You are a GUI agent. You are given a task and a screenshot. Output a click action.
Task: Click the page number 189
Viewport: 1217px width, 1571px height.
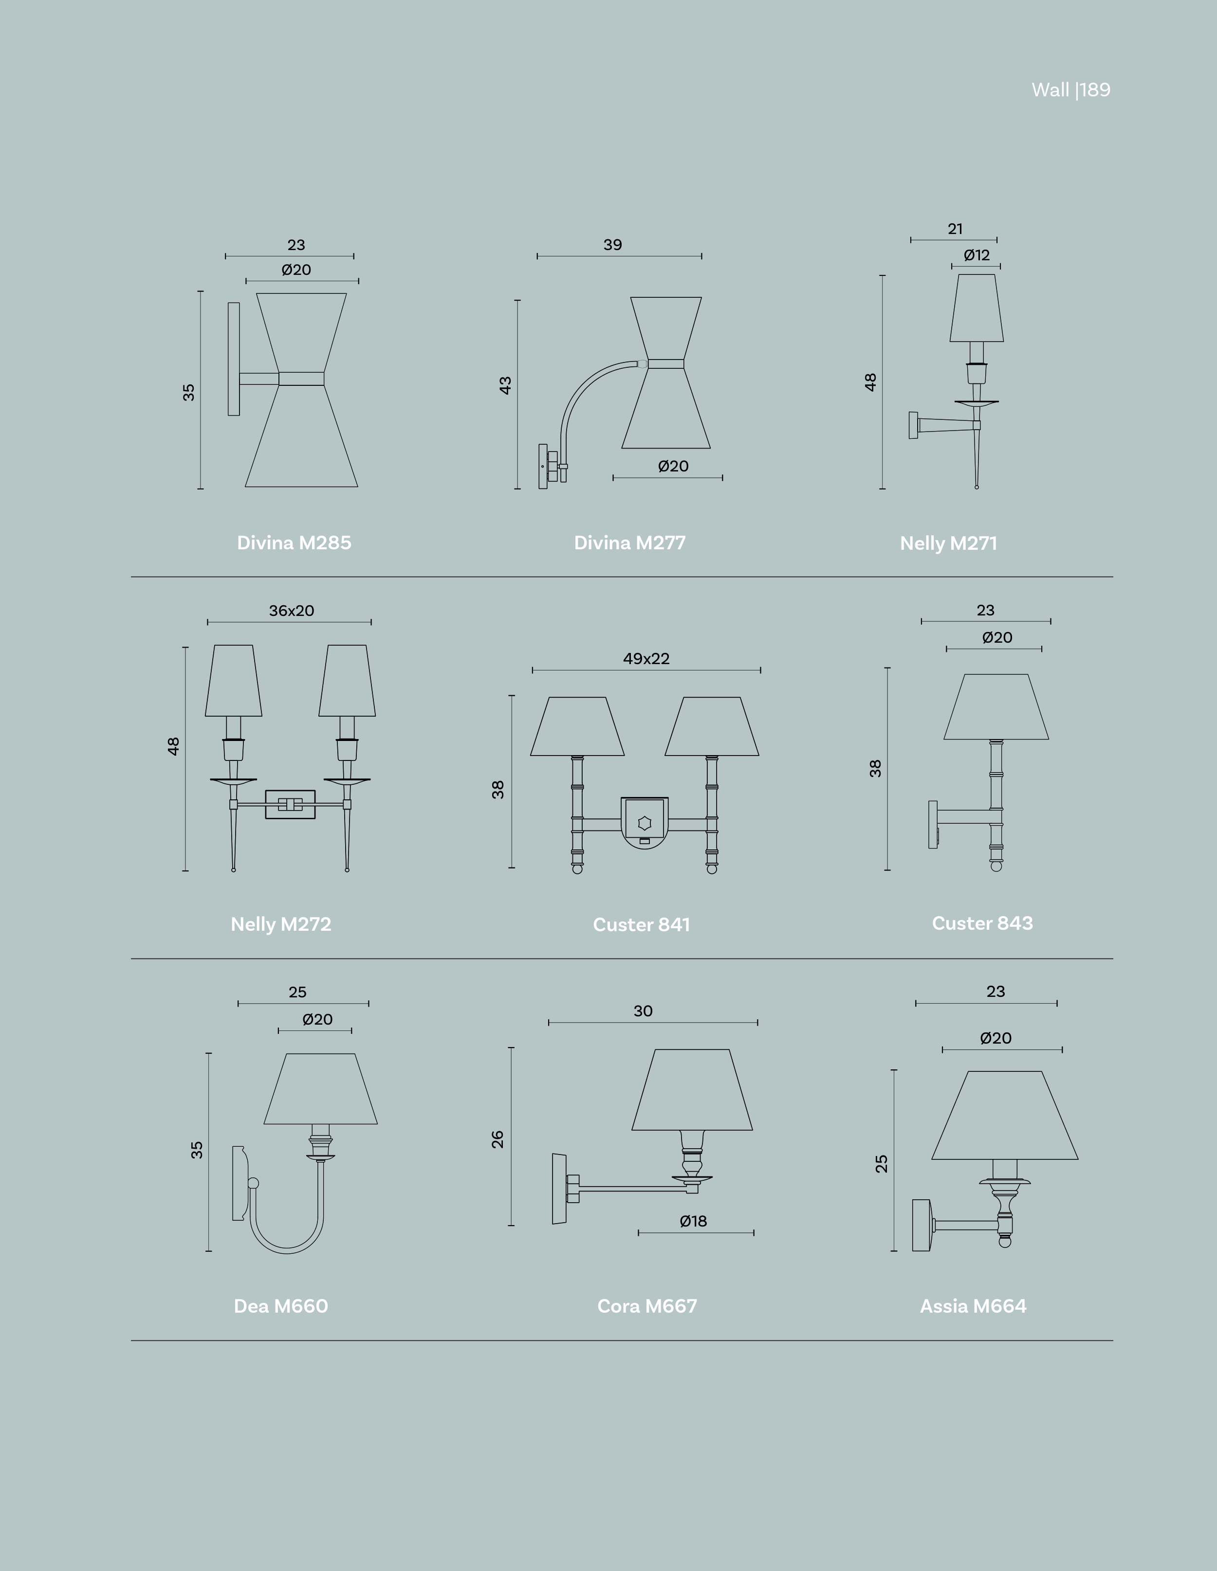(1095, 90)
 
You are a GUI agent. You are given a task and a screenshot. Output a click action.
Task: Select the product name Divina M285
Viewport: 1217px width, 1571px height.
(295, 542)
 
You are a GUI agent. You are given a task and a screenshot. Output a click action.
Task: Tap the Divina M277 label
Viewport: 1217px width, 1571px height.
(630, 542)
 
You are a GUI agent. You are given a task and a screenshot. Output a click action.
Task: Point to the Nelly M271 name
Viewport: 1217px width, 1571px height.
(949, 543)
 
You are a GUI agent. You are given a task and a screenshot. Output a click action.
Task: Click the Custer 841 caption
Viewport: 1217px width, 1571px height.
(641, 924)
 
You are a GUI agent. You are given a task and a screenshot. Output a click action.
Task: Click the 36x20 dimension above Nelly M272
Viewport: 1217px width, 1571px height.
(292, 611)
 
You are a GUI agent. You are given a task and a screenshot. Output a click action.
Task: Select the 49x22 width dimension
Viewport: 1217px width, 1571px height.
(646, 659)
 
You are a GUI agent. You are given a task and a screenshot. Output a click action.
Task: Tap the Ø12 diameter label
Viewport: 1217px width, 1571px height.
(977, 255)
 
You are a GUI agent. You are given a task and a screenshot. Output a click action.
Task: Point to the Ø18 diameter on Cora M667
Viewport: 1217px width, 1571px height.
(693, 1221)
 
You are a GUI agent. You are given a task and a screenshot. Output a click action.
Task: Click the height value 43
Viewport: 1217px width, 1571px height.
(505, 385)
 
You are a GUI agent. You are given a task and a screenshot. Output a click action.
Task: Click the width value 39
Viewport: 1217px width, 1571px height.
(612, 245)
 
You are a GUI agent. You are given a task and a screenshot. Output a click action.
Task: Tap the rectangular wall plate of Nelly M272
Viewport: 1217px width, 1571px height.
(290, 804)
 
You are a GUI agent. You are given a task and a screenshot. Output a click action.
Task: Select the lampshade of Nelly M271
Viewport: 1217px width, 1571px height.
(977, 308)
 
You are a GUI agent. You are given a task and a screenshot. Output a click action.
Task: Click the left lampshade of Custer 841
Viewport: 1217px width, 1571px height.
(577, 726)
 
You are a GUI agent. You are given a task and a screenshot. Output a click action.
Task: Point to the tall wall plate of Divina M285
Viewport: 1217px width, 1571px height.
(234, 359)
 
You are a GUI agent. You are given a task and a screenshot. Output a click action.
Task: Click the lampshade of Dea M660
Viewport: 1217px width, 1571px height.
(320, 1088)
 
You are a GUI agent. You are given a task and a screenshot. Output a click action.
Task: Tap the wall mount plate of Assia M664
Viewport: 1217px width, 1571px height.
(921, 1225)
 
